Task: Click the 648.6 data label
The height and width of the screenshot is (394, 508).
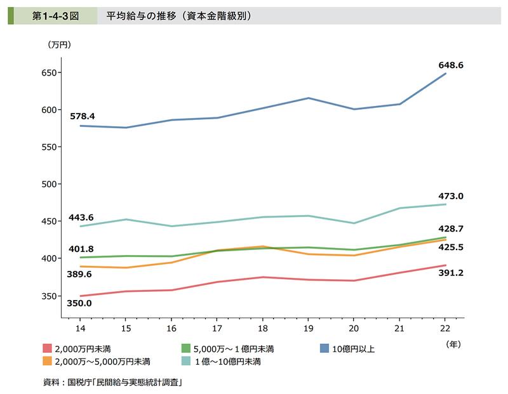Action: point(451,65)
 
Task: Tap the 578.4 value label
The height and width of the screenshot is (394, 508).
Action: point(83,116)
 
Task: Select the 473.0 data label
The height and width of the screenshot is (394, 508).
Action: point(451,197)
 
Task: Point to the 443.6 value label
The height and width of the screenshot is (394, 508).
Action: point(81,217)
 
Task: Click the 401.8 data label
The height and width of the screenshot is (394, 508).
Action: point(81,248)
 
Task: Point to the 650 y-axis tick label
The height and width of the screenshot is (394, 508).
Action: point(48,73)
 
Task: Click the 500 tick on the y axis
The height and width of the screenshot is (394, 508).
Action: point(48,184)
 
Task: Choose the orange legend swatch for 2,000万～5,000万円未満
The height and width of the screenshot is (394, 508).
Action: point(47,362)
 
